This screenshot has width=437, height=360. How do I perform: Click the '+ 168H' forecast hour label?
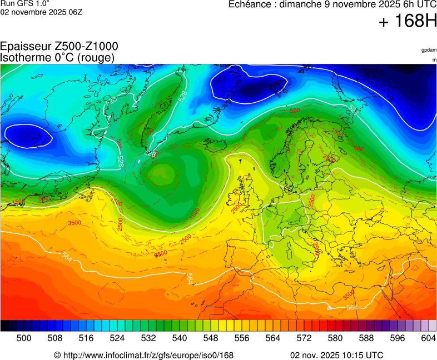click(x=408, y=22)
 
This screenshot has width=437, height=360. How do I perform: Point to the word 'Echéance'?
click(x=250, y=4)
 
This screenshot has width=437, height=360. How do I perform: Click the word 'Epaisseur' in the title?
click(x=24, y=47)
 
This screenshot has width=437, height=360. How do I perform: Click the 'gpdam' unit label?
click(x=429, y=50)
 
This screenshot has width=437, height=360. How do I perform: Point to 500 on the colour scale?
click(x=23, y=338)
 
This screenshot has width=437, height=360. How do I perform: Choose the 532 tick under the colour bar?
click(x=148, y=338)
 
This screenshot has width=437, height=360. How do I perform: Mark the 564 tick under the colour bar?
click(x=272, y=338)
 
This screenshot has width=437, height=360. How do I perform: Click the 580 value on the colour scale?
click(x=335, y=338)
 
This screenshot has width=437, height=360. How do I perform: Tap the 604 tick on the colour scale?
click(x=428, y=338)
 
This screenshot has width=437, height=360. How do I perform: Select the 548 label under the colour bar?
click(x=210, y=338)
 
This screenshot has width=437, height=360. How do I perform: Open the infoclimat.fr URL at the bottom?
click(x=148, y=355)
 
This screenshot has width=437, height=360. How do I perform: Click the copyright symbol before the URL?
click(x=57, y=355)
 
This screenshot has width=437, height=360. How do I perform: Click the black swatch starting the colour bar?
click(x=4, y=326)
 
